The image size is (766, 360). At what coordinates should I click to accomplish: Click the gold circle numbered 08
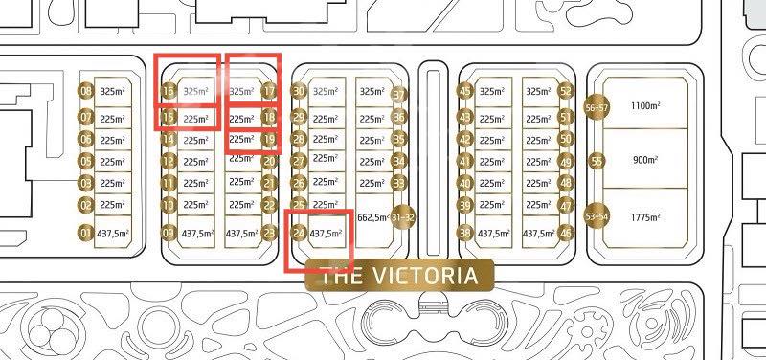(86, 92)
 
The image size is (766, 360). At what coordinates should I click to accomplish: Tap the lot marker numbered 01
(86, 233)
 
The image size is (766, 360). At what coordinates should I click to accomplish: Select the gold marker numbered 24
(299, 233)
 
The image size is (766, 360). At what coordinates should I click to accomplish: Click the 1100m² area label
(641, 108)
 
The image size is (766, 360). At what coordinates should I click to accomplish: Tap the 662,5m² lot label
(372, 217)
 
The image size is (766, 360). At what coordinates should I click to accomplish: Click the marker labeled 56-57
(596, 108)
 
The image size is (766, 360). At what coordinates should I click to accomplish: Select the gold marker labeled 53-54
(597, 217)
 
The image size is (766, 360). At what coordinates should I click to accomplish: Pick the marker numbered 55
(597, 160)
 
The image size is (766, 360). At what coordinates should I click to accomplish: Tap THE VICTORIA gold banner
(397, 278)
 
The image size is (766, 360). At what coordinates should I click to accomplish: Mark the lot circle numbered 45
(466, 92)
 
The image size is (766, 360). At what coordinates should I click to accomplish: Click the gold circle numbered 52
(566, 92)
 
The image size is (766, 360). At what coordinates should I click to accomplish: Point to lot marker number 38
(466, 233)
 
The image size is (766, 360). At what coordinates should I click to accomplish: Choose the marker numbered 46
(566, 233)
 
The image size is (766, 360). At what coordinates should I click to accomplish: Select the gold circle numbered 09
(169, 233)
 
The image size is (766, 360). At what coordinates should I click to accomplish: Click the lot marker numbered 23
(269, 233)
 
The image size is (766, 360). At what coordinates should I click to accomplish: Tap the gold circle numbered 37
(399, 94)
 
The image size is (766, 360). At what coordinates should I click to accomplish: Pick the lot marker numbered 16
(169, 92)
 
